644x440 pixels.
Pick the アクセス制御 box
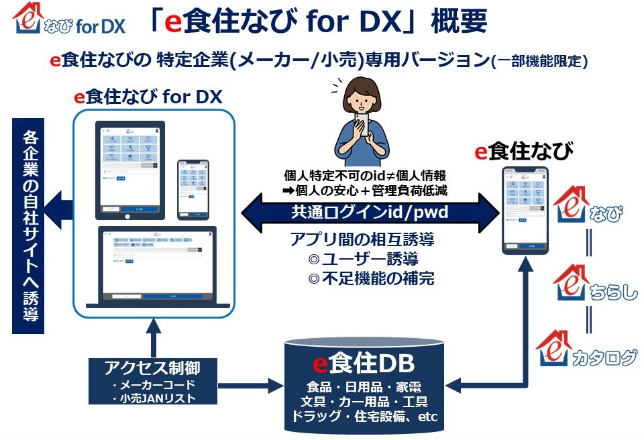tap(152, 380)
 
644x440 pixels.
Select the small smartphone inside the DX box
tap(193, 189)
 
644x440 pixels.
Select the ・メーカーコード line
tap(154, 385)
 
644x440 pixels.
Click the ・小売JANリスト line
tap(154, 398)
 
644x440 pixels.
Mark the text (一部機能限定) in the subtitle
tap(539, 61)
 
